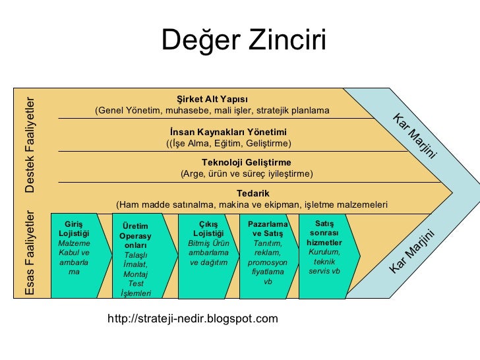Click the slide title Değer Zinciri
pos(244,41)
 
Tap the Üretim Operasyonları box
pos(136,254)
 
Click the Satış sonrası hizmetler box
pos(324,251)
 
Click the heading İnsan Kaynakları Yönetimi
pos(228,131)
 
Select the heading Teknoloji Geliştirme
pos(246,162)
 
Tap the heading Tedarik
pos(253,193)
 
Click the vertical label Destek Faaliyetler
pos(31,144)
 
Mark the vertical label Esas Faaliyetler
pos(31,253)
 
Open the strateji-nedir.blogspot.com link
pos(193,319)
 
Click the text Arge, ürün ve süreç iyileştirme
pos(247,173)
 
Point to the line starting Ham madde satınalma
pos(251,204)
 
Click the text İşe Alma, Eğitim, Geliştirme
pos(228,142)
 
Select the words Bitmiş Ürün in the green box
pos(208,243)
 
